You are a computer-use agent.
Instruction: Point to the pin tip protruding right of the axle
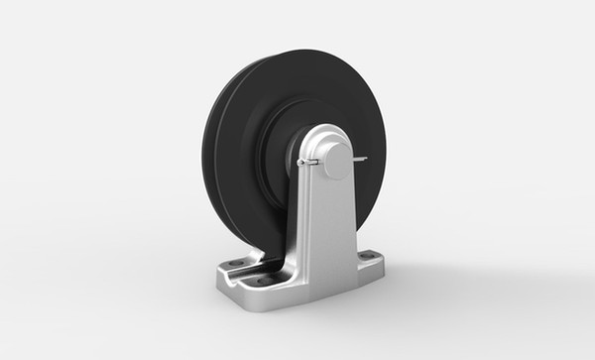[363, 156]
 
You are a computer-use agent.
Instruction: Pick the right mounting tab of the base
[367, 262]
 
